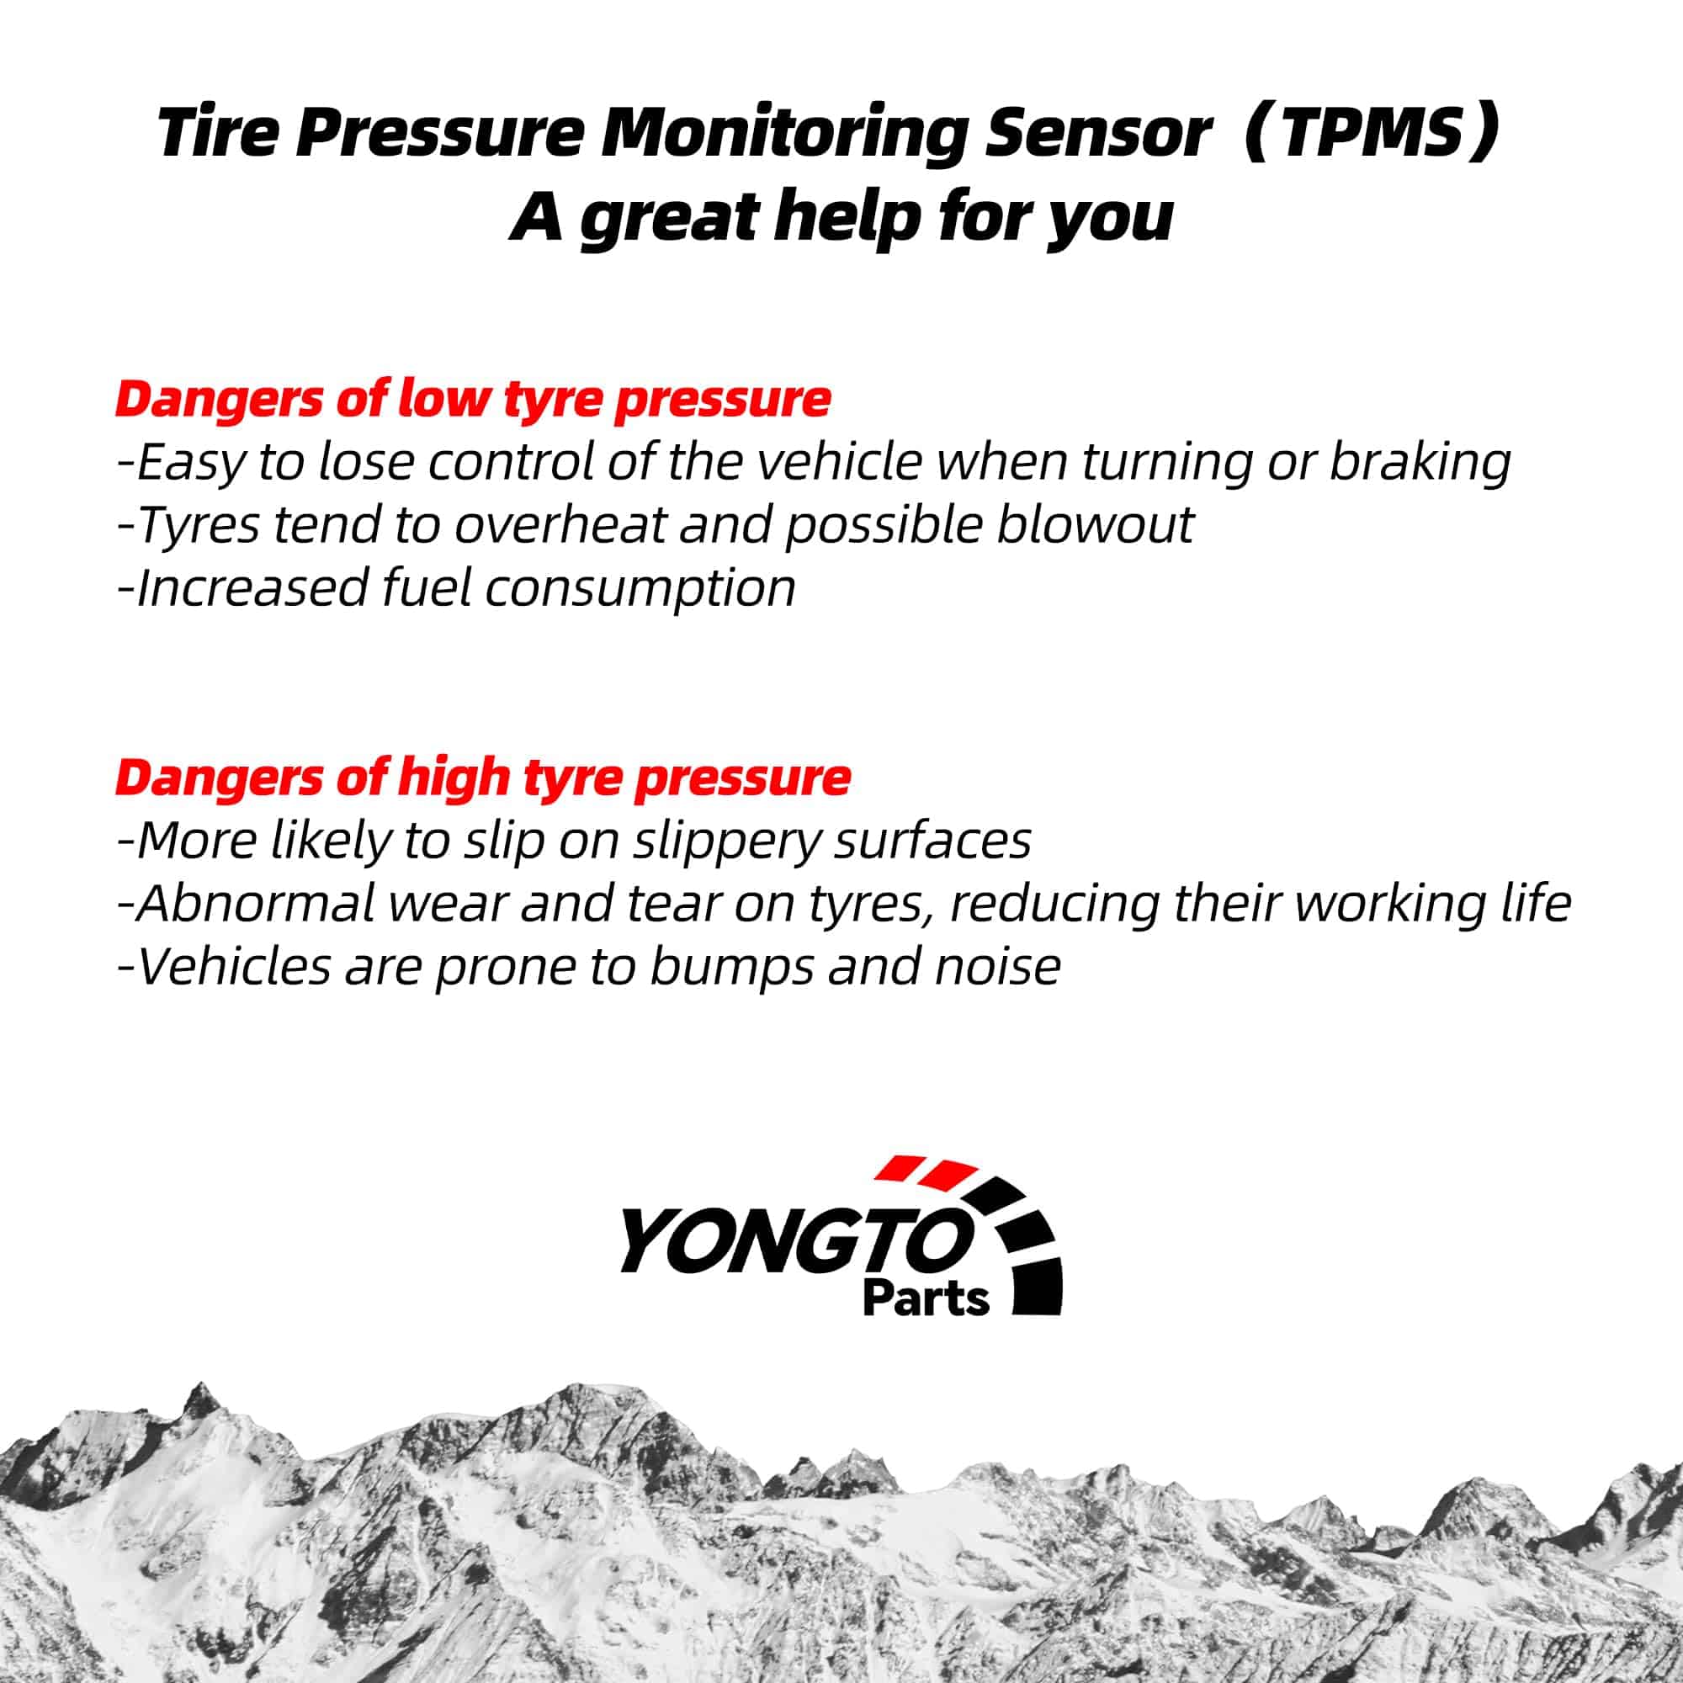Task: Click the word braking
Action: (x=1420, y=463)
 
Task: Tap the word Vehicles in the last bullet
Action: (x=233, y=967)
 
